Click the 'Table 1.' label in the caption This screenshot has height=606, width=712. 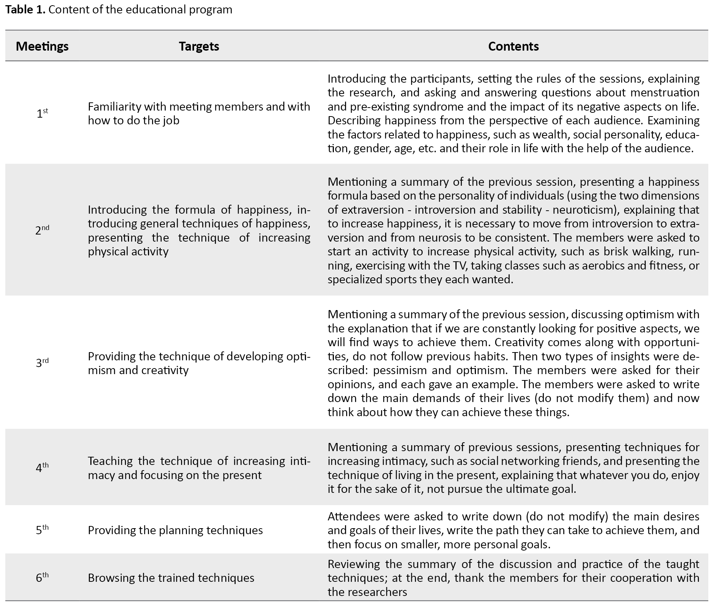[25, 9]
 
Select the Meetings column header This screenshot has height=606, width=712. [42, 46]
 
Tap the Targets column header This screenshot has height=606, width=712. [199, 46]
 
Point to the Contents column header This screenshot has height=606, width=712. [513, 46]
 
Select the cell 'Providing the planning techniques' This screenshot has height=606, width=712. [175, 530]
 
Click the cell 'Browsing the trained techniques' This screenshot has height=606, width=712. [171, 578]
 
